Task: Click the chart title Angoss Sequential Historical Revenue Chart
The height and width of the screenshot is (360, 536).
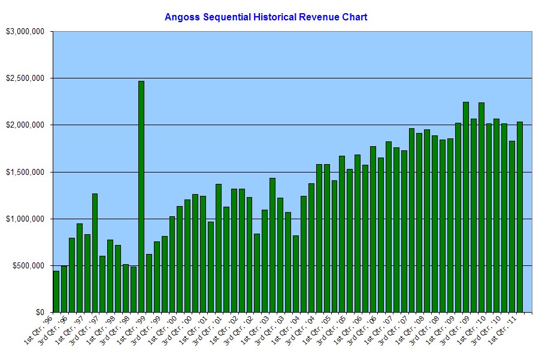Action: [266, 17]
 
